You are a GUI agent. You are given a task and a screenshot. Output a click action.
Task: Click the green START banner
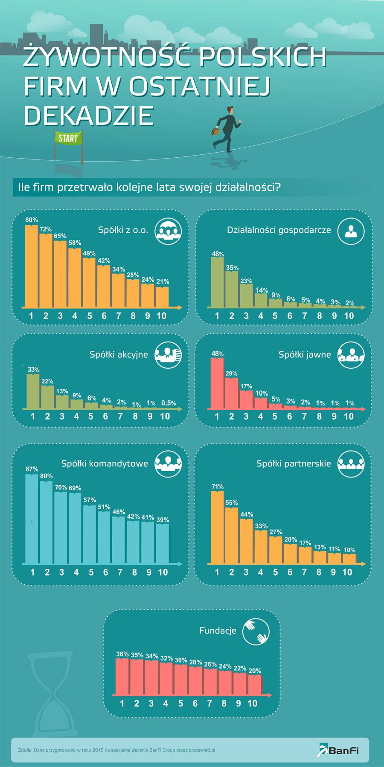pyautogui.click(x=68, y=138)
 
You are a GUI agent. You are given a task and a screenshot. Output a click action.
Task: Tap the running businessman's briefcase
pyautogui.click(x=216, y=131)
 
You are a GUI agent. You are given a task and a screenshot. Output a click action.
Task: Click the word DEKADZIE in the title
pyautogui.click(x=88, y=115)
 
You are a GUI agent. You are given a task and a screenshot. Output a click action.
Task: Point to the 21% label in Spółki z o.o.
pyautogui.click(x=163, y=281)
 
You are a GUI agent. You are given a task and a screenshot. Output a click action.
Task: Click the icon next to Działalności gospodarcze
pyautogui.click(x=351, y=231)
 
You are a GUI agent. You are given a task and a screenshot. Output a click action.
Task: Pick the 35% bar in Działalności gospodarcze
pyautogui.click(x=232, y=289)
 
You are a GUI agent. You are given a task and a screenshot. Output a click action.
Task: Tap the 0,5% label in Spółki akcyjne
pyautogui.click(x=169, y=403)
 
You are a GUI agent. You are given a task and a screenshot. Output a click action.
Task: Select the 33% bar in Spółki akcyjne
pyautogui.click(x=33, y=391)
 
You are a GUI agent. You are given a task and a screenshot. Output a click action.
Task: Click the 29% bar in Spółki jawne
pyautogui.click(x=232, y=393)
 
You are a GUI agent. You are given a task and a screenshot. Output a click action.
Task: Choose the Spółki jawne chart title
pyautogui.click(x=305, y=354)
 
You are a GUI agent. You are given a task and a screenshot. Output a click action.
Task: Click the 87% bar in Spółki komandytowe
pyautogui.click(x=32, y=518)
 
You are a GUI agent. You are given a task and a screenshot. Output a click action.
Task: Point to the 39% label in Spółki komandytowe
pyautogui.click(x=163, y=520)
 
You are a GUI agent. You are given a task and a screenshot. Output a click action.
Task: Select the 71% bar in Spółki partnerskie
pyautogui.click(x=217, y=527)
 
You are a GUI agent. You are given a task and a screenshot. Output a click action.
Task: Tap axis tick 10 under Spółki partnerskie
pyautogui.click(x=347, y=572)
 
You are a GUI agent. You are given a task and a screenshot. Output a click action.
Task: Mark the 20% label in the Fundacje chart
pyautogui.click(x=255, y=671)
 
